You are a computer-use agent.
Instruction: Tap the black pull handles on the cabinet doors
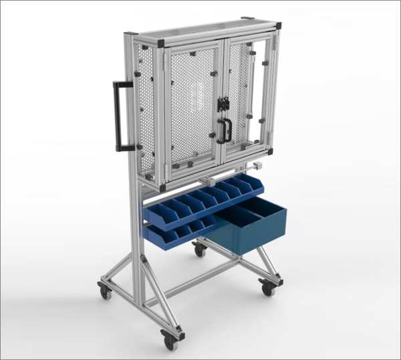click(x=224, y=131)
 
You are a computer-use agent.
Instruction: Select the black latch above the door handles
click(x=223, y=104)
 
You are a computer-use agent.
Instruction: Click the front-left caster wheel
click(x=105, y=290)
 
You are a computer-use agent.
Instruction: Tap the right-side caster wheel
click(x=267, y=288)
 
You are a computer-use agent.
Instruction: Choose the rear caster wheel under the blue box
click(x=199, y=249)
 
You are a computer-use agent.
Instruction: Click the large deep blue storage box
click(x=257, y=228)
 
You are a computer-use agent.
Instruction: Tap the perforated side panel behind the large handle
click(x=149, y=100)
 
